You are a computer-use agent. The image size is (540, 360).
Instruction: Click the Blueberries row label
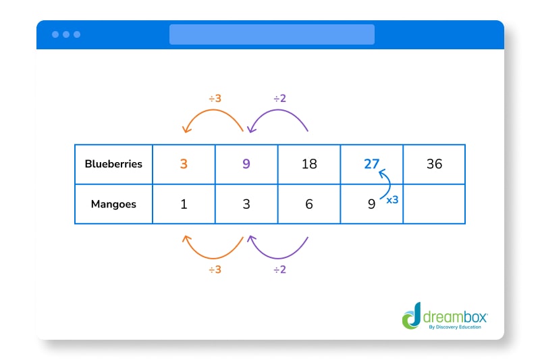tap(113, 164)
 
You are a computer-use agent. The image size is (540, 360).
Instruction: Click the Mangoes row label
tap(113, 204)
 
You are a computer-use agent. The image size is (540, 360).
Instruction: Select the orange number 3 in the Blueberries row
tap(184, 164)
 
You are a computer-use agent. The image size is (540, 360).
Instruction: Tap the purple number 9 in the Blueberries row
tap(246, 164)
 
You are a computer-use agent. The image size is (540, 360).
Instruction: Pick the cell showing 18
tap(309, 164)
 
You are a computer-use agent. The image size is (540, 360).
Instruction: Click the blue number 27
tap(371, 164)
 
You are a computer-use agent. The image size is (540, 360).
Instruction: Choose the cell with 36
tap(434, 164)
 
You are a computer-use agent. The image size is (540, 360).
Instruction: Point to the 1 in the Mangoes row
tap(184, 204)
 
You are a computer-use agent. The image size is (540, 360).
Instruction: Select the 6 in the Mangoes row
tap(309, 204)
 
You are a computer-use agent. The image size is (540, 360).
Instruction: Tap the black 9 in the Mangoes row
tap(371, 203)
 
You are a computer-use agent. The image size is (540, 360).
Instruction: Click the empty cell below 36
tap(434, 204)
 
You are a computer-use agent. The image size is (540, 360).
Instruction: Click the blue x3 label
tap(391, 201)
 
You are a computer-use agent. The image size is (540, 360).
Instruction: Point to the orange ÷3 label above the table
tap(215, 99)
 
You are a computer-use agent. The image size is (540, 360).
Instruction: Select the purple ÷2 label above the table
tap(279, 99)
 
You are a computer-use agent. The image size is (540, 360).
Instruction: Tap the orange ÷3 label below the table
tap(215, 270)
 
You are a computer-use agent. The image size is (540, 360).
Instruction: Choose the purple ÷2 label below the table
tap(279, 270)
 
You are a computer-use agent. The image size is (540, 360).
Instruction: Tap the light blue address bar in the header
tap(271, 34)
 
